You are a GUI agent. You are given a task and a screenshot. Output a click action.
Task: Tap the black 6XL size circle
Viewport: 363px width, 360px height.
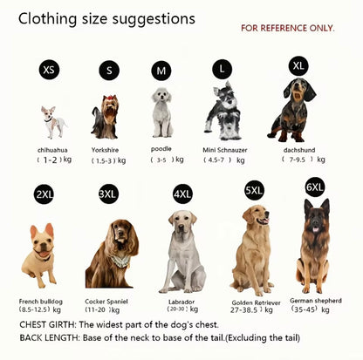pos(314,187)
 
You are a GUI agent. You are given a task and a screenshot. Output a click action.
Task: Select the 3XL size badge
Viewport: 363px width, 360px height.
pos(107,194)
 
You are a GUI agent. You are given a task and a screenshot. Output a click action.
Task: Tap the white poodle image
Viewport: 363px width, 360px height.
pos(162,112)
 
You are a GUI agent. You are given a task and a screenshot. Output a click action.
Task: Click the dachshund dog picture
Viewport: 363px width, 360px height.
pos(291,110)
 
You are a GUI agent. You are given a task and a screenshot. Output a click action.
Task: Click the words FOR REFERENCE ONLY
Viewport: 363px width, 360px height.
pos(287,28)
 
